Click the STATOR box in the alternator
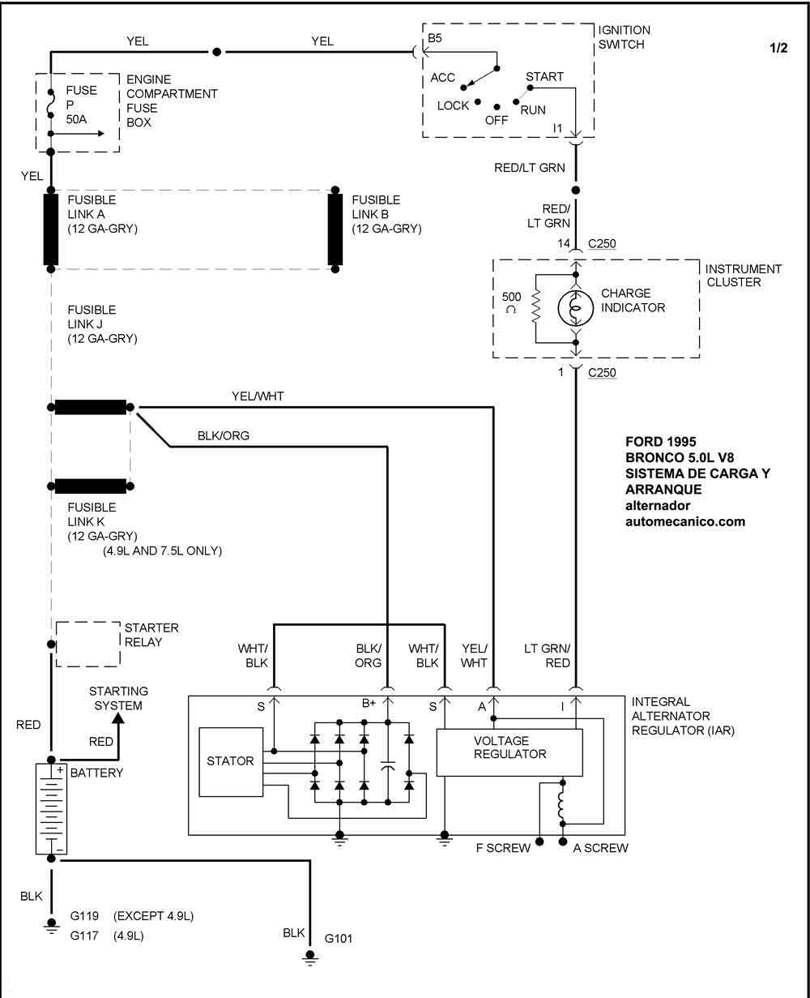[231, 761]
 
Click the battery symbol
[51, 807]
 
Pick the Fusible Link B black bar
[335, 229]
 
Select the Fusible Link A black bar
[51, 229]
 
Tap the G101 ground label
[339, 939]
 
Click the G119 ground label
[84, 916]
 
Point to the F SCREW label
[503, 848]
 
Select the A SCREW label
[600, 848]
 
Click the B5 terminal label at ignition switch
[436, 37]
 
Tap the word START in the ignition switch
[544, 77]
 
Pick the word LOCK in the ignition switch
[453, 105]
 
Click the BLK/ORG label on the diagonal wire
[224, 435]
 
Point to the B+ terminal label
[369, 703]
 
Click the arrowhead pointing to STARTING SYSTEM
[118, 717]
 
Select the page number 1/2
[778, 48]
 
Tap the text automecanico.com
[684, 521]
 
